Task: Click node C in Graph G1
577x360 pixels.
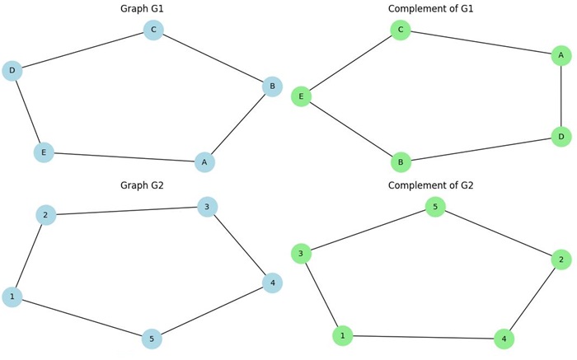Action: [153, 30]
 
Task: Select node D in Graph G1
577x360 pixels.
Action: [12, 71]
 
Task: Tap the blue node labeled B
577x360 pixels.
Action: [273, 86]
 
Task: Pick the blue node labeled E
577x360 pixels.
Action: [44, 152]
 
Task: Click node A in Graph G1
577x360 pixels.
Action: [205, 162]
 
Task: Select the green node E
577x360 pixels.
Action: [302, 96]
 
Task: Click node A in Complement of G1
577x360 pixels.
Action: [561, 55]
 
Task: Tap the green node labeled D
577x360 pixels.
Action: [561, 136]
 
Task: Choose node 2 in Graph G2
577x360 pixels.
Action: [46, 215]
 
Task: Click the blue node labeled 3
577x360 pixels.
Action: [208, 207]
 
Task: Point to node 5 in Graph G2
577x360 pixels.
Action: [152, 339]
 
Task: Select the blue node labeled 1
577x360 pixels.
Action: [12, 297]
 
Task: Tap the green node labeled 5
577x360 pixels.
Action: [435, 207]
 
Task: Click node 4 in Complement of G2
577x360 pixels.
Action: [504, 339]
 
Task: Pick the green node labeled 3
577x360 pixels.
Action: [302, 254]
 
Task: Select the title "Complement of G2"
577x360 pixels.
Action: [431, 185]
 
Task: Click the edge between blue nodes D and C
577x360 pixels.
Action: [82, 50]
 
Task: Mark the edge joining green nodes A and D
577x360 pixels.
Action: [561, 96]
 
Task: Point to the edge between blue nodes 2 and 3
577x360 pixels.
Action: [127, 211]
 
